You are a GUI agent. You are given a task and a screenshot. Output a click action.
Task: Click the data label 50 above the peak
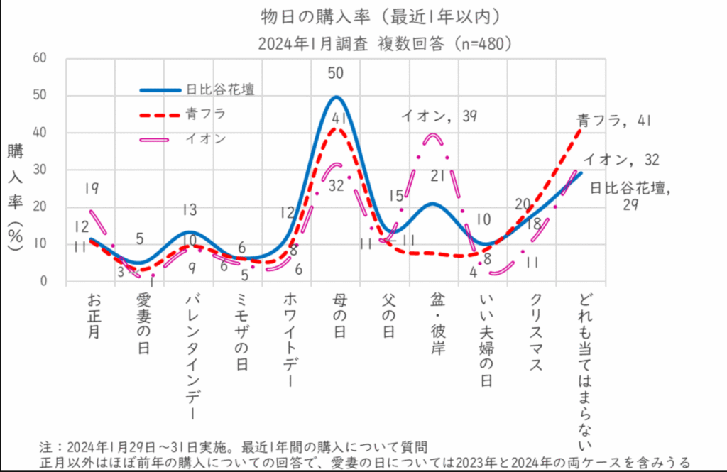click(x=336, y=73)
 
